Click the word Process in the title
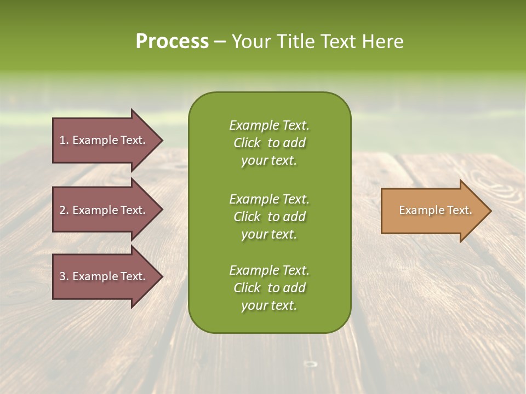point(172,42)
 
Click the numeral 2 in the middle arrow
point(62,210)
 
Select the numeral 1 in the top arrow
point(62,140)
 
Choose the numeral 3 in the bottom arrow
point(62,276)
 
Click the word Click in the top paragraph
point(247,143)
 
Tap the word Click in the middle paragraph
point(247,217)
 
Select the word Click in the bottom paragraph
point(247,288)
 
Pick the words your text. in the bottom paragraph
point(269,306)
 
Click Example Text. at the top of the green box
point(269,125)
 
